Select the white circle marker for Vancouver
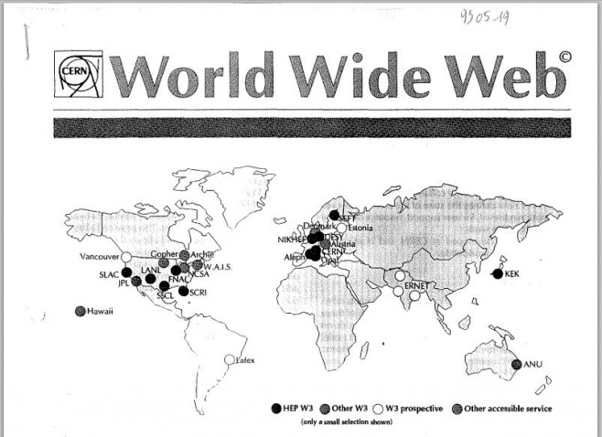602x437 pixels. coord(127,257)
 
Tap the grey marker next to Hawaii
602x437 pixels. coord(81,311)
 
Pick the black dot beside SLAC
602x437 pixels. coord(126,272)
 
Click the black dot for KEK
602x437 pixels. coord(497,273)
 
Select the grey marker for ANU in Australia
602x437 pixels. coord(517,364)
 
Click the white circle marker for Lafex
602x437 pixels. coord(229,359)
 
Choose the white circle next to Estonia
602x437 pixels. coord(341,228)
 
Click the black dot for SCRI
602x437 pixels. coord(184,292)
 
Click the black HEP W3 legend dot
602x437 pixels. coord(276,408)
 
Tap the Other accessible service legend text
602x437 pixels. coord(508,408)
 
